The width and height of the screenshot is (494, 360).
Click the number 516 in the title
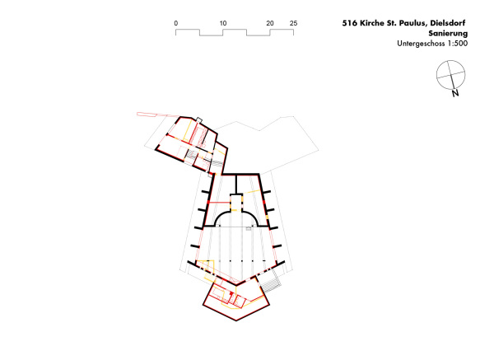[x=350, y=23]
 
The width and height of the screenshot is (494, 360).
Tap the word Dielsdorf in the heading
[x=448, y=23]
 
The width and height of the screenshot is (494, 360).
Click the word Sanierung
[x=448, y=34]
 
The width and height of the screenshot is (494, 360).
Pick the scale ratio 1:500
[x=457, y=44]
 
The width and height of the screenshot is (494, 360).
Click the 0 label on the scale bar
[x=176, y=23]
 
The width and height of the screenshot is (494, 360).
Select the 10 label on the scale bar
[x=223, y=23]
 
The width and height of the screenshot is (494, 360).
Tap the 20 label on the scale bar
[x=270, y=23]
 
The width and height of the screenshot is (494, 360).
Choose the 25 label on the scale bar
[x=294, y=23]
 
